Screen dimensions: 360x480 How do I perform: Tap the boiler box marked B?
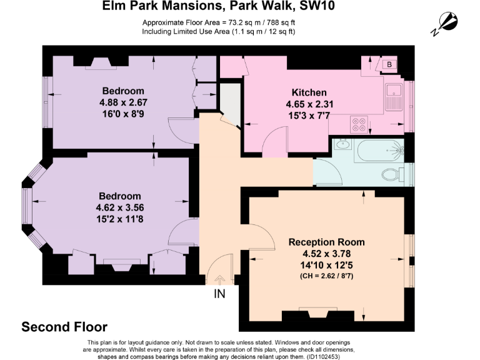tap(389, 64)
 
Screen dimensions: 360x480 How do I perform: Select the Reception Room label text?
tap(326, 242)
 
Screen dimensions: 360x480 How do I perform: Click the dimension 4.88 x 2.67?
tap(123, 102)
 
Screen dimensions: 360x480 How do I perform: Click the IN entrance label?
tap(219, 293)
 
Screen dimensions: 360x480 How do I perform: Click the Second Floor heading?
tap(64, 327)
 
